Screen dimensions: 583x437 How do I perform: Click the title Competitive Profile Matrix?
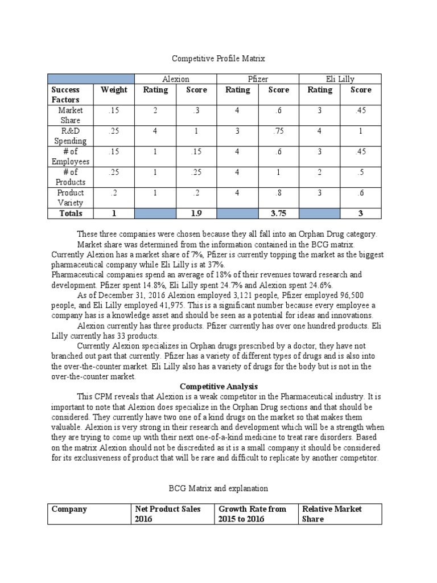[219, 58]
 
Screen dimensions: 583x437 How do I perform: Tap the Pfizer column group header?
[258, 79]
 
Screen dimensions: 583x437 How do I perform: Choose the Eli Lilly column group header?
[340, 79]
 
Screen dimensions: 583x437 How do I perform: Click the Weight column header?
[114, 90]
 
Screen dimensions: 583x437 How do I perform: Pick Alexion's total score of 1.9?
[197, 214]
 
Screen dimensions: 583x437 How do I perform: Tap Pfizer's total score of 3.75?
[279, 214]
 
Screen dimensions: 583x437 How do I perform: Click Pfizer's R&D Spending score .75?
[279, 131]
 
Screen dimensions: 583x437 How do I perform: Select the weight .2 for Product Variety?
[114, 193]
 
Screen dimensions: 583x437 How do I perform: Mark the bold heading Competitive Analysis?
[218, 387]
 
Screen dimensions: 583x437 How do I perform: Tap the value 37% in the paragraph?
[215, 265]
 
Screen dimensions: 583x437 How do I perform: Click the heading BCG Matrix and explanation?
[219, 488]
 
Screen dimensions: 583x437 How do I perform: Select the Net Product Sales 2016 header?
[171, 514]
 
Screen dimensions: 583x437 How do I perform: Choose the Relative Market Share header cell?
[340, 514]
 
